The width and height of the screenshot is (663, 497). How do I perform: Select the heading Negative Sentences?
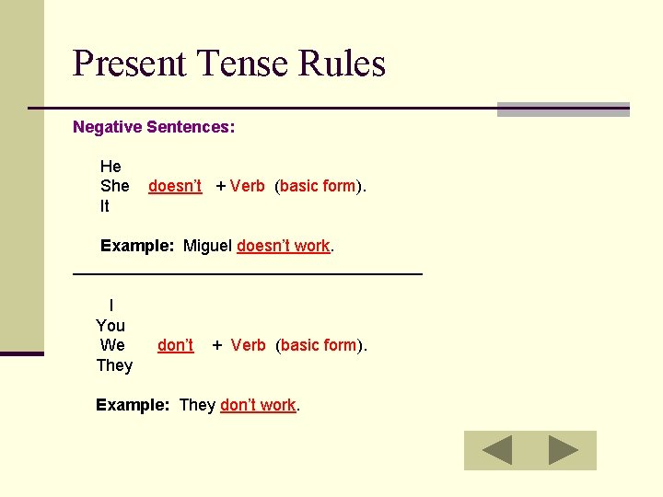[154, 127]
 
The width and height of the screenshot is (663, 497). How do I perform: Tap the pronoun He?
[110, 167]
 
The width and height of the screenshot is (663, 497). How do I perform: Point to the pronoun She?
[115, 186]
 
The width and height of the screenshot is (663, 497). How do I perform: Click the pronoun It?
[104, 206]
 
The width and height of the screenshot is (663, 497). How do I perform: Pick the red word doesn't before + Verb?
[175, 186]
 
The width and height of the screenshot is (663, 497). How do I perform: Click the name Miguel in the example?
[208, 246]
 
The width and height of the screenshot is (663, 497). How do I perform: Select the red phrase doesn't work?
[284, 246]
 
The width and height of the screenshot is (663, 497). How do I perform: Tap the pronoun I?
[111, 306]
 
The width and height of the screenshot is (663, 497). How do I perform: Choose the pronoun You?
[110, 326]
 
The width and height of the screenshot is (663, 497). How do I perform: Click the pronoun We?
[112, 345]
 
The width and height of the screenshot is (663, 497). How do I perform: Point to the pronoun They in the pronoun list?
[114, 365]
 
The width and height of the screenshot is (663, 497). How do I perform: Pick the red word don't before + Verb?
[175, 346]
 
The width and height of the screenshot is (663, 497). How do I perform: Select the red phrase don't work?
[258, 405]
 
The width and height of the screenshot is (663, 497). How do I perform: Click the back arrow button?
[497, 450]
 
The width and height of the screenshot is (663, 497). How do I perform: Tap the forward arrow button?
[564, 450]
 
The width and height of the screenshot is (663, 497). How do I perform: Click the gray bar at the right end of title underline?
[563, 110]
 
